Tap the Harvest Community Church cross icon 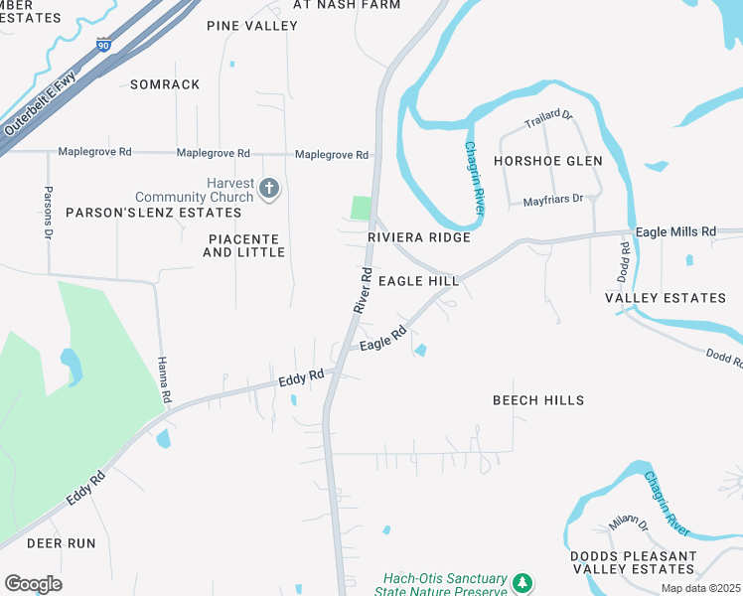click(268, 188)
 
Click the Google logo click(33, 584)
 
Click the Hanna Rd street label click(165, 378)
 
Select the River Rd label click(364, 290)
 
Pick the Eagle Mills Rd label click(675, 231)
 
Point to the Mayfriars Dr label click(558, 201)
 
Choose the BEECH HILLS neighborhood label click(538, 400)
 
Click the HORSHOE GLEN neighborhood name click(548, 161)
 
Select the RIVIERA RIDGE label click(418, 237)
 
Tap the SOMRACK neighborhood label click(165, 84)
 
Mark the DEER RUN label click(61, 543)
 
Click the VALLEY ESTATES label click(666, 298)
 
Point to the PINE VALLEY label click(251, 25)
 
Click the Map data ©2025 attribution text click(700, 588)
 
